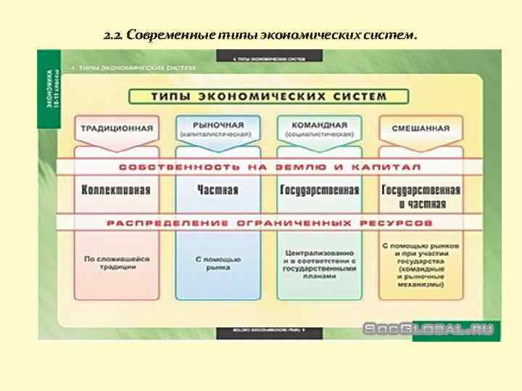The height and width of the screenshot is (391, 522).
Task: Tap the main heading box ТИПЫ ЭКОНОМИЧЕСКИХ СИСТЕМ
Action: point(268,96)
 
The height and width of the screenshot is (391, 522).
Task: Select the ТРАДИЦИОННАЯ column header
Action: point(117,129)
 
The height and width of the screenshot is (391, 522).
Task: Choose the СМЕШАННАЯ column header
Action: point(420,129)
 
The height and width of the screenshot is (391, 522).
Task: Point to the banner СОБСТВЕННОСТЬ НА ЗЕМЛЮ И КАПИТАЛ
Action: point(269,167)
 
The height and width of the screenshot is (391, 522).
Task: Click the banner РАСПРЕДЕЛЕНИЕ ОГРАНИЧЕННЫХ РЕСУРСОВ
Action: point(269,223)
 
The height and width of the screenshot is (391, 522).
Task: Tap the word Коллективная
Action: point(117,190)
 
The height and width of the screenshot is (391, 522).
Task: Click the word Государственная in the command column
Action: point(320,190)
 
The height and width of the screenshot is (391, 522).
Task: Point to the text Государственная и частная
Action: point(420,196)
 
